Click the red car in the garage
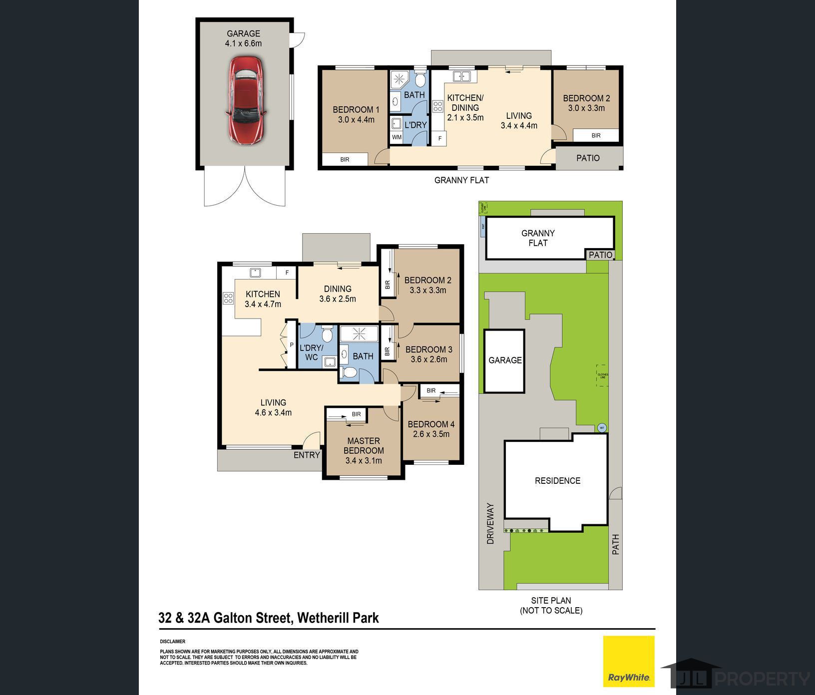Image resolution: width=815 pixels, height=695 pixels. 246,100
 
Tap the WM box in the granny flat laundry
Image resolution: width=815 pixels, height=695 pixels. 397,137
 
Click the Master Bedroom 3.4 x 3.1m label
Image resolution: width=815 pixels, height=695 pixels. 364,450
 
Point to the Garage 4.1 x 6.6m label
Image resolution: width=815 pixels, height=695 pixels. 243,38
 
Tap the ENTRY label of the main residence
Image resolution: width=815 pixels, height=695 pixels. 307,455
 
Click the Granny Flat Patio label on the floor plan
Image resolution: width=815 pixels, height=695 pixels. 588,158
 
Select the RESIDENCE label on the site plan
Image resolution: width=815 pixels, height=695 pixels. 557,481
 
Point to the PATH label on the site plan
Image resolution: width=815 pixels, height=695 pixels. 616,544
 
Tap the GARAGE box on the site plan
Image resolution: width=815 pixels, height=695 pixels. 505,360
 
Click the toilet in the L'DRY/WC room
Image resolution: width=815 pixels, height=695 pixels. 327,333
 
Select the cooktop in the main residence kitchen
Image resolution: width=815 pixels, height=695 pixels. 228,299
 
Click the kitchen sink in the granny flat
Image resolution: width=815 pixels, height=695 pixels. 461,76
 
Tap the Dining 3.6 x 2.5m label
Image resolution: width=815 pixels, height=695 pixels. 338,294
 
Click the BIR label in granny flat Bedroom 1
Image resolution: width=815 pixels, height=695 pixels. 345,159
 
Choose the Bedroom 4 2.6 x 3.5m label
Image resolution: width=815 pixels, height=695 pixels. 431,429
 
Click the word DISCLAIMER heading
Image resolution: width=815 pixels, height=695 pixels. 172,642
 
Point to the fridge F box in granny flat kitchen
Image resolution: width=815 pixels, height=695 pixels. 439,138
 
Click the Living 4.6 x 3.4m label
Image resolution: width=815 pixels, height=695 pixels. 273,407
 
